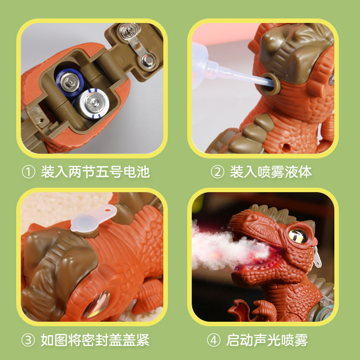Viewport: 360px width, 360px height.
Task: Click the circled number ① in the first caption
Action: coord(28,172)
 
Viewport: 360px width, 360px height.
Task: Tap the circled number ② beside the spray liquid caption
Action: coord(217,172)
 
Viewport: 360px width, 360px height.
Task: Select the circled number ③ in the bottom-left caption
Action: coord(28,340)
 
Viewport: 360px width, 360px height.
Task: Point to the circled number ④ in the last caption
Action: coord(214,340)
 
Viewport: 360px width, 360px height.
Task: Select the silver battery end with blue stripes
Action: coord(92,103)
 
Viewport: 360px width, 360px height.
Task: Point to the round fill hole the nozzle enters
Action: coord(271,84)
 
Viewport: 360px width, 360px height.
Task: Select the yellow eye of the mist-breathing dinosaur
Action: coord(298,236)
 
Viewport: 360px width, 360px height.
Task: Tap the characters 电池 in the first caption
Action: coord(137,172)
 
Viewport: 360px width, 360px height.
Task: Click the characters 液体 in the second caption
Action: coord(298,172)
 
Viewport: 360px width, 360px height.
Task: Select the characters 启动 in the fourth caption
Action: coord(240,340)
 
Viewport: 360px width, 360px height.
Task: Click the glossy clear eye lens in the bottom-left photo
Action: coord(97,303)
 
